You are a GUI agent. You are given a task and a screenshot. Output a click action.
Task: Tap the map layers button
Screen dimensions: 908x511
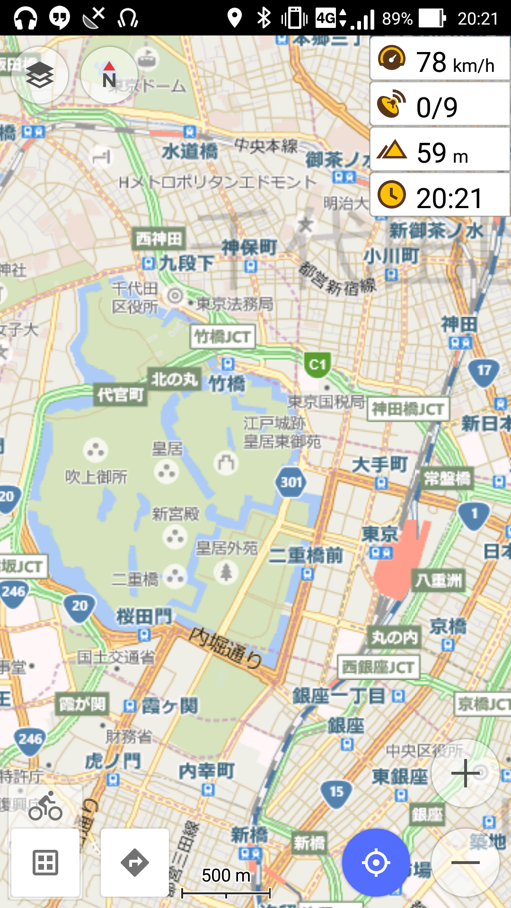pyautogui.click(x=40, y=75)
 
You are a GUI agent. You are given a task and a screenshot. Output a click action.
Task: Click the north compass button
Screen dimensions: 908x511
pyautogui.click(x=109, y=75)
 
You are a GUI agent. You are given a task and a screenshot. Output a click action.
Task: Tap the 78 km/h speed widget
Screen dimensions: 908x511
pyautogui.click(x=440, y=60)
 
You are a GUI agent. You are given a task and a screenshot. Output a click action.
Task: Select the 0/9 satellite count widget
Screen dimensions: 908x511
pyautogui.click(x=440, y=105)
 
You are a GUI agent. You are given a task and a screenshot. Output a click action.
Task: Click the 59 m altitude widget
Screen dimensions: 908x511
pyautogui.click(x=440, y=151)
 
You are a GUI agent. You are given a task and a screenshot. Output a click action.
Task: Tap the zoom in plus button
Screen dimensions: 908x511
pyautogui.click(x=466, y=773)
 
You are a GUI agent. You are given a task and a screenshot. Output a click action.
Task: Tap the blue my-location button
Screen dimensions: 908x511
pyautogui.click(x=376, y=863)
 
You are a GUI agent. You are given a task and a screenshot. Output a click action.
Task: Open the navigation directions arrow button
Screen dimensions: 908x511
pyautogui.click(x=135, y=863)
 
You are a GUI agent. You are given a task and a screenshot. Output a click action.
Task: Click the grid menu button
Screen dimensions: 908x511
pyautogui.click(x=45, y=863)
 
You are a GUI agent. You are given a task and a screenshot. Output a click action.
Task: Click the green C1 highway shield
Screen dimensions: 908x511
pyautogui.click(x=317, y=365)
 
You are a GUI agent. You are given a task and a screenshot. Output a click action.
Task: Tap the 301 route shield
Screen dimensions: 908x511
pyautogui.click(x=291, y=482)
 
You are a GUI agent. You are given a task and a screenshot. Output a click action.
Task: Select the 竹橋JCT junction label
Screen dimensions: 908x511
pyautogui.click(x=222, y=337)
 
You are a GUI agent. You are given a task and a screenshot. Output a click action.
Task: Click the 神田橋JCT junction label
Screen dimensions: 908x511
pyautogui.click(x=408, y=409)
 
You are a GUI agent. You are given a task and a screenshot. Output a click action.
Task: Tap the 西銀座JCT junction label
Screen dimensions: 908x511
pyautogui.click(x=378, y=667)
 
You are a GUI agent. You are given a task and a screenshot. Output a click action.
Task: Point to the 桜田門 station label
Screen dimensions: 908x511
pyautogui.click(x=144, y=617)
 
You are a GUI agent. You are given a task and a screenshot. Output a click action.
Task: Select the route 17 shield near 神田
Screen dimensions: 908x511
pyautogui.click(x=484, y=371)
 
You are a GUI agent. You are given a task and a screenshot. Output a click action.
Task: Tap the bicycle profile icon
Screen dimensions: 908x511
pyautogui.click(x=45, y=808)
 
